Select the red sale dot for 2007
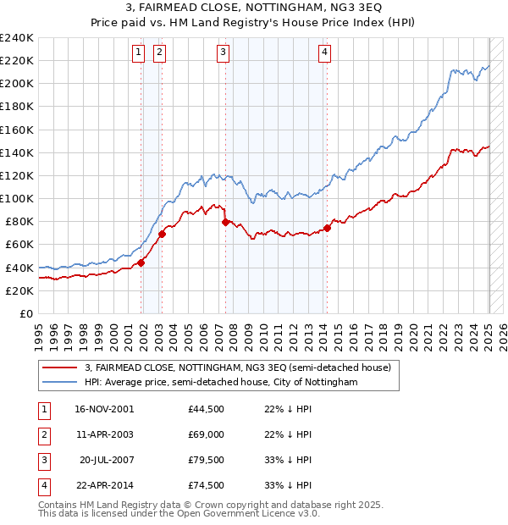pos(225,222)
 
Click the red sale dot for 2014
pos(327,228)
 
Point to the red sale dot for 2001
pos(141,262)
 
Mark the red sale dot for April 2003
pos(162,234)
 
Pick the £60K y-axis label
pos(19,245)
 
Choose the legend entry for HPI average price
pos(221,383)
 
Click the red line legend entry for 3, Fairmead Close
pos(237,368)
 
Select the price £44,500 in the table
pos(207,408)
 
